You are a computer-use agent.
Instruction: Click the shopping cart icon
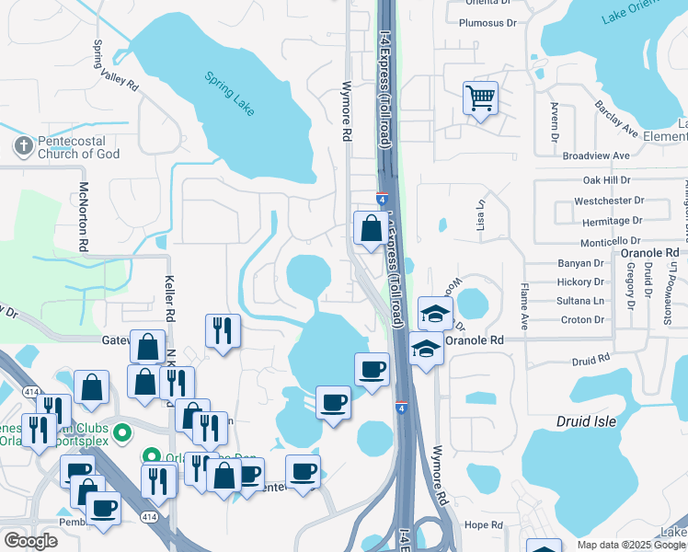click(x=481, y=98)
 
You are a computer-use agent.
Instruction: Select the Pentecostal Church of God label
click(x=79, y=147)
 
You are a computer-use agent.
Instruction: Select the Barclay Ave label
click(x=616, y=119)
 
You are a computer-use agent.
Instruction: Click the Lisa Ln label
click(x=479, y=217)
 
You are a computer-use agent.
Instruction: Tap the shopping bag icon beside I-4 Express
click(x=370, y=229)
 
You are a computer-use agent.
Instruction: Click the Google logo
click(x=30, y=541)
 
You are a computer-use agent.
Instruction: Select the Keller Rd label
click(x=169, y=300)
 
